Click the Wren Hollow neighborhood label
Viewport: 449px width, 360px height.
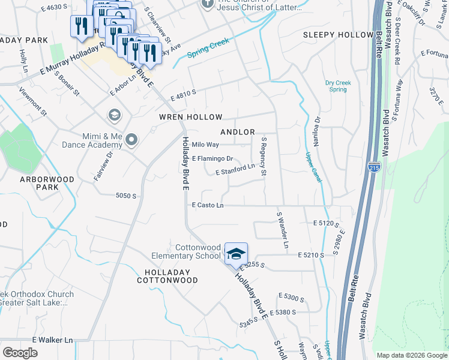(190, 117)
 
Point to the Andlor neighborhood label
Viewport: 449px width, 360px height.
(238, 132)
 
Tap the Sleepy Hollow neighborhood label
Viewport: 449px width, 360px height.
(338, 35)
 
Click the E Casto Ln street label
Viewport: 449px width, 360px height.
(208, 205)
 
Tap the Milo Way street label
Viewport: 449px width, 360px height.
(205, 145)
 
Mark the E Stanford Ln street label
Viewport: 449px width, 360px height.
(239, 170)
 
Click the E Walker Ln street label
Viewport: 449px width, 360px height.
(52, 340)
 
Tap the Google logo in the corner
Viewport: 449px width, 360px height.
(20, 352)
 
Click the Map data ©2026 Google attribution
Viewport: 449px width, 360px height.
(411, 355)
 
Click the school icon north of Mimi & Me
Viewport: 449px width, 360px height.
(113, 115)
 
